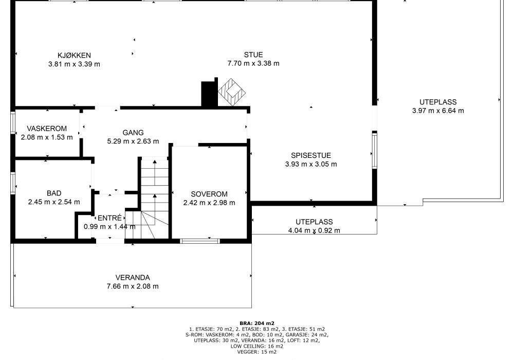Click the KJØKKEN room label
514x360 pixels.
[x=74, y=56]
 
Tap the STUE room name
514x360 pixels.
[x=253, y=55]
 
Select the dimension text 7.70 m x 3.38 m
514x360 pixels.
[x=253, y=63]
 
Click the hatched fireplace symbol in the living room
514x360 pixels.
[x=232, y=92]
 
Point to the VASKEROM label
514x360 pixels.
[x=47, y=129]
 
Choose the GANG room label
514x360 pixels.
[x=133, y=133]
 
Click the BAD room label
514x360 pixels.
[x=54, y=193]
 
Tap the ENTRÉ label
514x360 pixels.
[x=109, y=218]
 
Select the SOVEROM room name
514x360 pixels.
[x=209, y=194]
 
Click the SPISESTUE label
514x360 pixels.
[x=311, y=155]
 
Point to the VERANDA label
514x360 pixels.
[x=133, y=278]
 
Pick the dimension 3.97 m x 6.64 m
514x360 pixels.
[x=438, y=111]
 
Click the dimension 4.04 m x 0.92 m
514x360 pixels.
[x=314, y=230]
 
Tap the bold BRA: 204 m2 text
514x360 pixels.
[x=257, y=323]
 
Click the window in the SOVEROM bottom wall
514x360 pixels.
[x=200, y=241]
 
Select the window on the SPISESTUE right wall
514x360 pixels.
[x=374, y=150]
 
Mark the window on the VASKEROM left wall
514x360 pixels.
[x=13, y=122]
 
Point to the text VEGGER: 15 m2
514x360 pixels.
[x=257, y=352]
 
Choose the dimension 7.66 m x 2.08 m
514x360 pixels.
[x=133, y=286]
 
